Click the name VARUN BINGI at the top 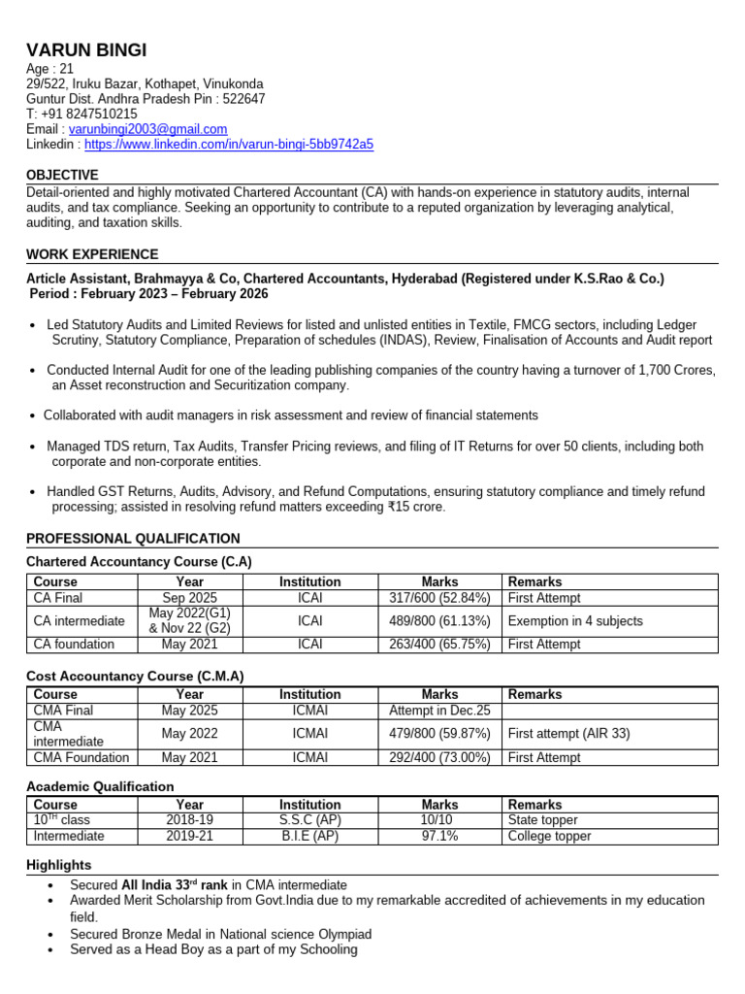[87, 50]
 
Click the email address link [147, 129]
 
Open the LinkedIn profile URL [229, 145]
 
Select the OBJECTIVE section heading [62, 176]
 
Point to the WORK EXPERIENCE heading [92, 254]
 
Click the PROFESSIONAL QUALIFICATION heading [133, 539]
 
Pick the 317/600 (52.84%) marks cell [439, 598]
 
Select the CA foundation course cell [74, 645]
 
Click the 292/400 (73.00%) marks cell [439, 758]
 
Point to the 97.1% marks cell [439, 836]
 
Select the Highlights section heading [58, 865]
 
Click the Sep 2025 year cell [190, 598]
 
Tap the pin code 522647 [243, 99]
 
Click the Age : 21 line [49, 68]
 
